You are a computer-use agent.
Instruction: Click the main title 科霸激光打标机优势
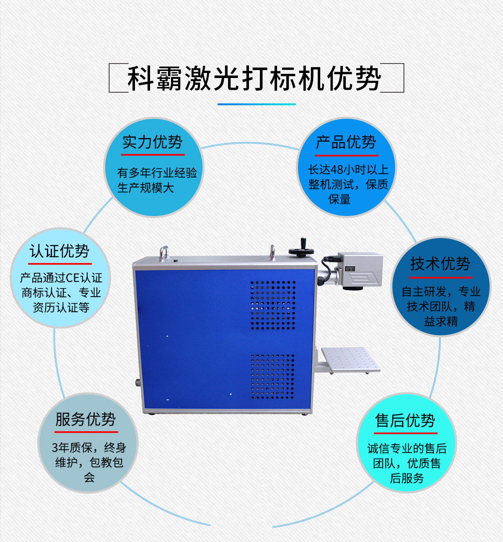(x=254, y=78)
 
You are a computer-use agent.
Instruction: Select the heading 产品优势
(x=346, y=142)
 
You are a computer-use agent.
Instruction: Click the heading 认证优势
(x=60, y=251)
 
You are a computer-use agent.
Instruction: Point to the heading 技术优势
(x=441, y=263)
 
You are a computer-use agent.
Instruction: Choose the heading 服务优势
(x=86, y=419)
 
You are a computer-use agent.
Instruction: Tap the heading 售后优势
(x=405, y=420)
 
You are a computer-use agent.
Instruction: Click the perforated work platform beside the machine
(x=351, y=360)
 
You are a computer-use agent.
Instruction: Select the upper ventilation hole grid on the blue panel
(x=273, y=305)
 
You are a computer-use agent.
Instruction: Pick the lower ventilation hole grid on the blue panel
(x=272, y=376)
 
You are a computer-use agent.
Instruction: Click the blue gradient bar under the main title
(x=257, y=104)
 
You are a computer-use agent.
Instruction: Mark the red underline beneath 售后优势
(x=406, y=433)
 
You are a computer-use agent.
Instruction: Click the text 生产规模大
(x=146, y=188)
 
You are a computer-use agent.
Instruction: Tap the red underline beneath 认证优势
(x=60, y=263)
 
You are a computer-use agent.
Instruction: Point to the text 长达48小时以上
(x=348, y=170)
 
